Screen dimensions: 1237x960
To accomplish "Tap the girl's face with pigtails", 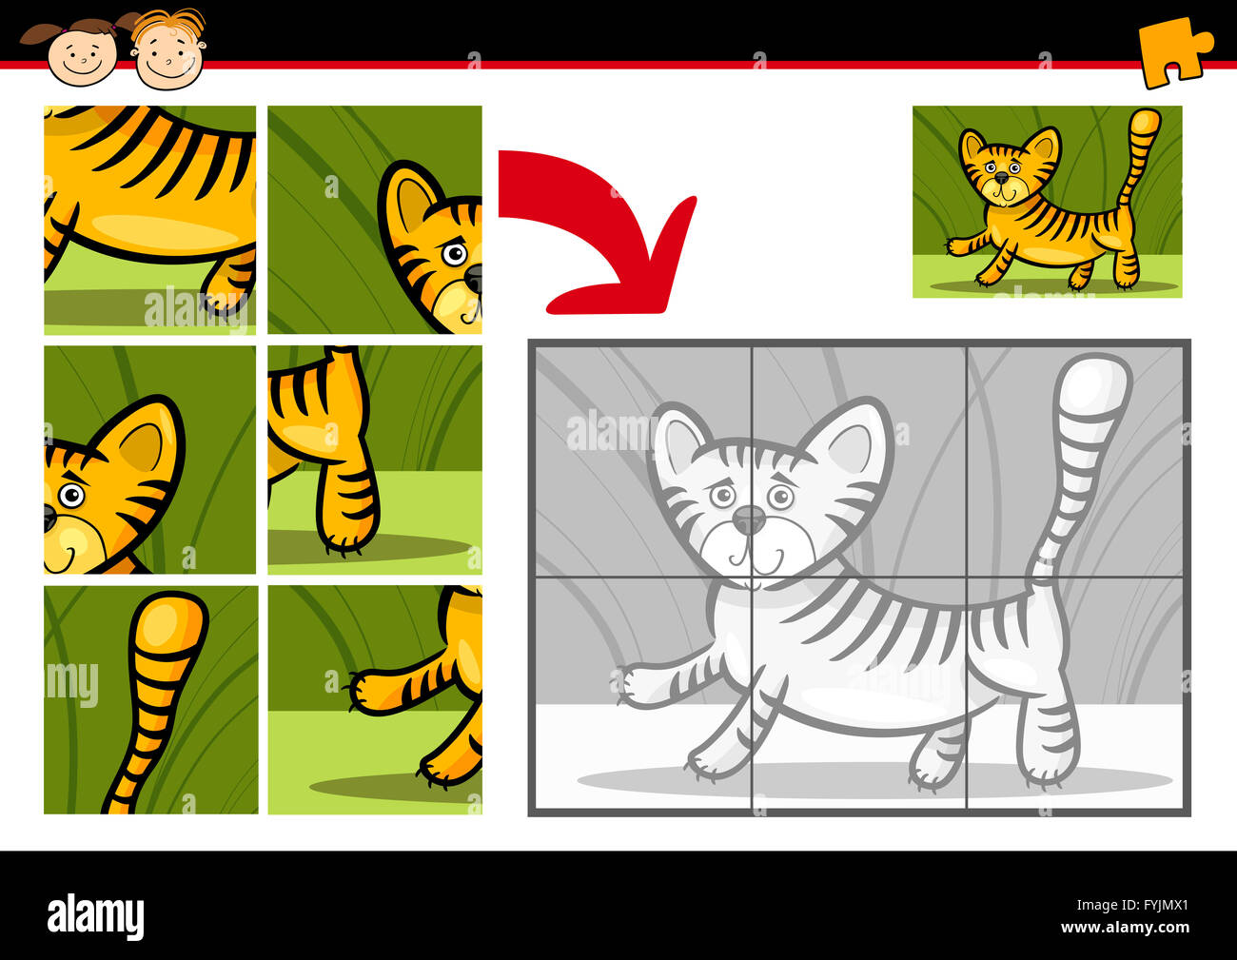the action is point(82,54).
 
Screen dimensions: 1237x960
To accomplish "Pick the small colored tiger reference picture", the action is point(1048,202).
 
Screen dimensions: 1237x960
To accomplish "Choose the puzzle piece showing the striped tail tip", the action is point(151,699).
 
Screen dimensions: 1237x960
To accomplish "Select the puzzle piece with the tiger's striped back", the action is point(149,220).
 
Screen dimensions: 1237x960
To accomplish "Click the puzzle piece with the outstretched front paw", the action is point(375,699).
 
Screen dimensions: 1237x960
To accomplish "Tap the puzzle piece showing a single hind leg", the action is point(375,460).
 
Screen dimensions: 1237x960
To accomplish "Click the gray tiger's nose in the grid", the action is point(749,519).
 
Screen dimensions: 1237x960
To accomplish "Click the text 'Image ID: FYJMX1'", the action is point(1132,905).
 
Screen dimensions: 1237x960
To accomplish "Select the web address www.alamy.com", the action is point(1125,927).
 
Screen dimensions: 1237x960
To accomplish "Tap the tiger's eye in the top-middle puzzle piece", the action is point(455,254).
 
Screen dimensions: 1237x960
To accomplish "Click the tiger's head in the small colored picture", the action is point(1010,168).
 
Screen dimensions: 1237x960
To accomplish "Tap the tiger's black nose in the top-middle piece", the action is point(474,278).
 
